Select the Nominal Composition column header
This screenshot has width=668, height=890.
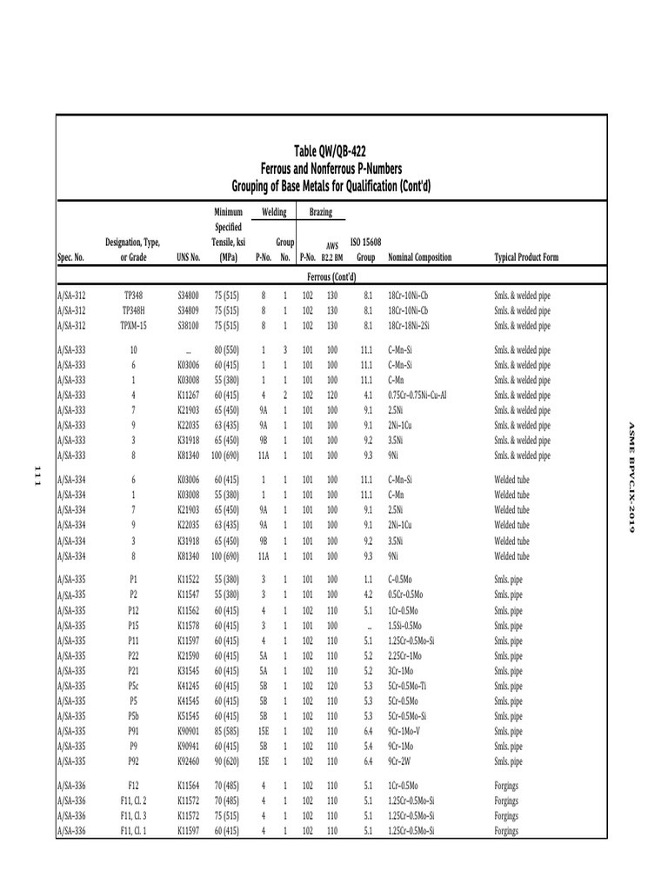click(x=420, y=258)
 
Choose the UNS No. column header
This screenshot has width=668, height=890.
click(x=188, y=258)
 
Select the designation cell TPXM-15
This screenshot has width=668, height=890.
click(x=133, y=326)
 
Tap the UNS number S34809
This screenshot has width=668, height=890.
click(x=188, y=311)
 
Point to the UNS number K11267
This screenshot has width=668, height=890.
click(x=188, y=395)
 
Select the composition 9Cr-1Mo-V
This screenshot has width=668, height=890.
click(x=409, y=732)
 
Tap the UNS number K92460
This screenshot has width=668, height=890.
click(x=188, y=762)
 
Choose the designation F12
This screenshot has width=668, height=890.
click(x=133, y=786)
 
